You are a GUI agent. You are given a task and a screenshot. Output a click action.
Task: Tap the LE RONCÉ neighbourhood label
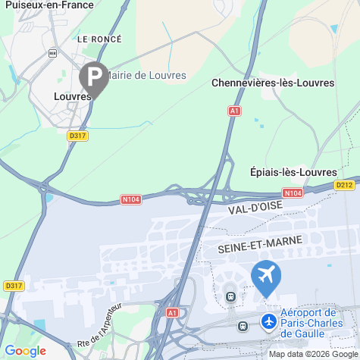tap(99, 37)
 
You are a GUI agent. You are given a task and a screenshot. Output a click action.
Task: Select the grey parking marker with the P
tap(93, 77)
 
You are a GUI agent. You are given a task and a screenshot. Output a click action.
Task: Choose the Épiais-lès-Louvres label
tap(293, 172)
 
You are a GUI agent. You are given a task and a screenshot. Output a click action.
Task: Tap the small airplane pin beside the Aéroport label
tap(268, 322)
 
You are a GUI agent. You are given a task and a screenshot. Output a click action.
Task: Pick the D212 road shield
tap(345, 184)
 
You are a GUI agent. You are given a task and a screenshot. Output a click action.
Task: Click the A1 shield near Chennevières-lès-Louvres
tap(234, 111)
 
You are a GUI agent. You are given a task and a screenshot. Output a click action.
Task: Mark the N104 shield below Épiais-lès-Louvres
tap(294, 193)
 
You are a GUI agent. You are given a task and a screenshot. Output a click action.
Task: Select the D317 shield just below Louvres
tap(77, 136)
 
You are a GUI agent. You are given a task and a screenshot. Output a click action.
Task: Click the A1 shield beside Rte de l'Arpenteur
tap(173, 312)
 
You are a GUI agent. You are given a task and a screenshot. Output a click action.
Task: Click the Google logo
tap(25, 351)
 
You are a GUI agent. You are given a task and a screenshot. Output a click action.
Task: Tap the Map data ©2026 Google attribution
tap(313, 354)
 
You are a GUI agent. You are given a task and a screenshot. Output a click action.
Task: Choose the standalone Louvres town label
tap(72, 96)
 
